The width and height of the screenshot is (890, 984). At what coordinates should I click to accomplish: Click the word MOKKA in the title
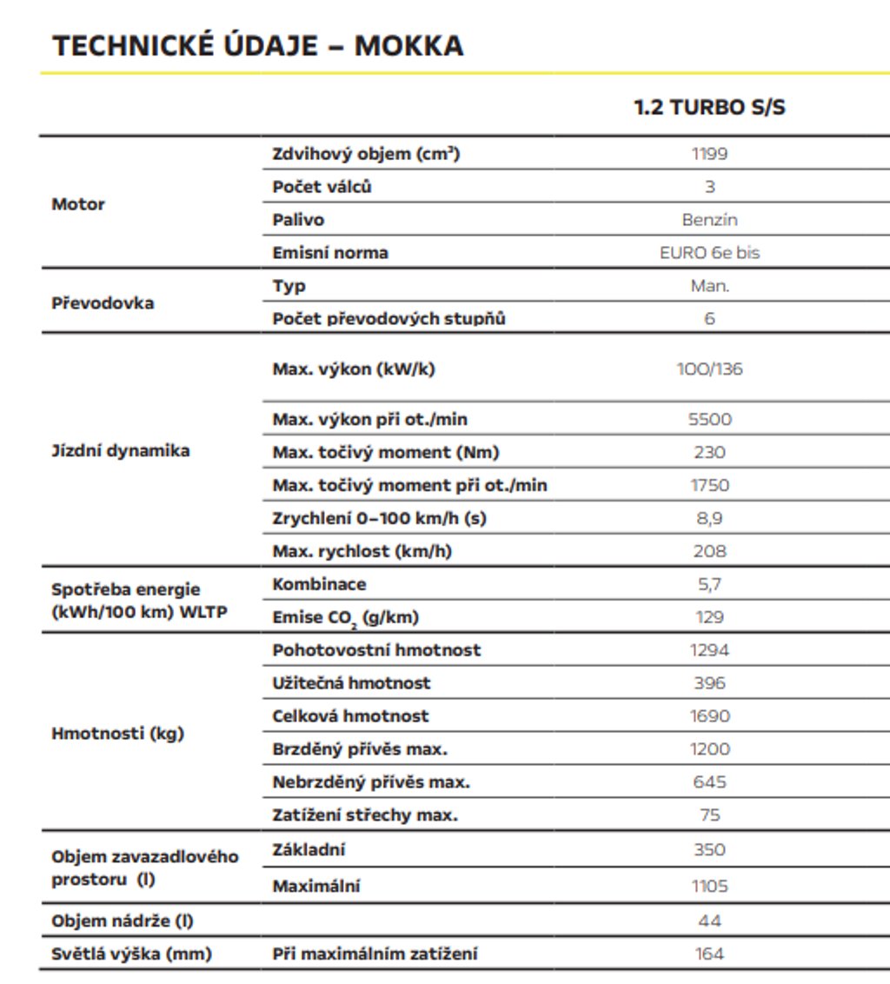pos(408,45)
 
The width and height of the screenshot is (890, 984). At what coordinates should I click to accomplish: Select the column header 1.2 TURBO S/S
pos(709,109)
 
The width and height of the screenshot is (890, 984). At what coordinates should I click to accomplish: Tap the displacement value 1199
pos(709,154)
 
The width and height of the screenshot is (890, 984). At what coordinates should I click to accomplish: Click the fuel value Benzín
pos(709,220)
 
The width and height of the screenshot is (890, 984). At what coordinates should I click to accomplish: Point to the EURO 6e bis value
pos(709,253)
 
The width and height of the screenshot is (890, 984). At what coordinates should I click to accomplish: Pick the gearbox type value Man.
pos(709,286)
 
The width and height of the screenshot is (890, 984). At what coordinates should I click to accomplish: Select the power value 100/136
pos(709,369)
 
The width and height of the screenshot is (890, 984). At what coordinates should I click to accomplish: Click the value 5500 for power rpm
pos(709,419)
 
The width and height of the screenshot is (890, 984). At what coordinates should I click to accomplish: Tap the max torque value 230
pos(709,452)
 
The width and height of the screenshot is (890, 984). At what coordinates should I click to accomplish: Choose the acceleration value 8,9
pos(709,518)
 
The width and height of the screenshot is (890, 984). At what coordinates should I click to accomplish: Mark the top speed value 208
pos(709,551)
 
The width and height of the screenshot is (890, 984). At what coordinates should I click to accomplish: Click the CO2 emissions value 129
pos(709,617)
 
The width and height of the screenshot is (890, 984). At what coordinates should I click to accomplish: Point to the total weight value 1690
pos(709,716)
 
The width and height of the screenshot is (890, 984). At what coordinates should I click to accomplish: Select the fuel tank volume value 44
pos(709,921)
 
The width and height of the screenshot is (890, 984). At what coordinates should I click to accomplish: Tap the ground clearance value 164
pos(709,954)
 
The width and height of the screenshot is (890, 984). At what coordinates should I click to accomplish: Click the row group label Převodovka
pos(103,303)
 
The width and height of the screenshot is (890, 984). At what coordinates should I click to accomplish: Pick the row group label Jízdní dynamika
pos(120,451)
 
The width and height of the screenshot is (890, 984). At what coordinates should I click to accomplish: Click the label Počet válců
pos(322,187)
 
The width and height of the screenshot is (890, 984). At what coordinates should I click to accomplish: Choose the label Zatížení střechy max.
pos(365,815)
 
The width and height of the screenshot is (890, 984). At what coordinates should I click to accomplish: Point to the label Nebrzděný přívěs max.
pos(371,782)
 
